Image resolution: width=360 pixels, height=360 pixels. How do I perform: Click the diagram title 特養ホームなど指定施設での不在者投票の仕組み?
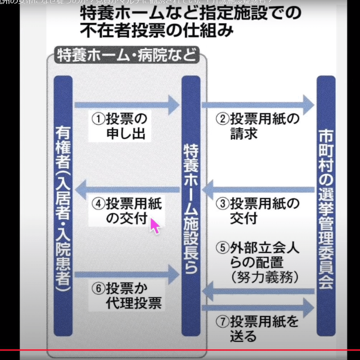[190, 22]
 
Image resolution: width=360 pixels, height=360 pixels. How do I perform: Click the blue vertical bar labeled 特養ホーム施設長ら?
[191, 206]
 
